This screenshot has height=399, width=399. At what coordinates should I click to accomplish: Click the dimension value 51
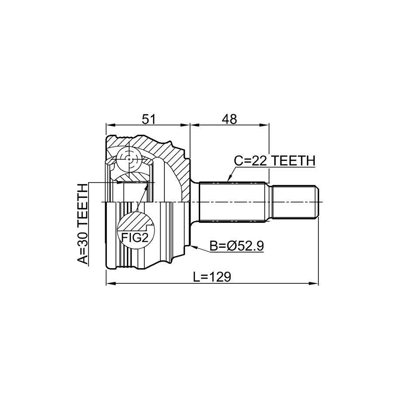149,118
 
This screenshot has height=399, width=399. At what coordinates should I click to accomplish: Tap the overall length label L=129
212,276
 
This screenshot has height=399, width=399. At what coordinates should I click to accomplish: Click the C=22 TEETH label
274,161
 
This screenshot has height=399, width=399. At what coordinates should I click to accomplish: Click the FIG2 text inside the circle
134,238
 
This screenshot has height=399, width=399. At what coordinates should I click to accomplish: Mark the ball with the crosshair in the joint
130,159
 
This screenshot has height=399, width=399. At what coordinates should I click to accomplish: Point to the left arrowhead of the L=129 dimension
109,285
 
